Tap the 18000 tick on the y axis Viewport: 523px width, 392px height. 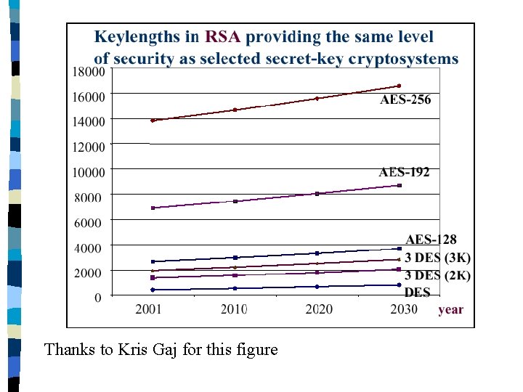[87, 72]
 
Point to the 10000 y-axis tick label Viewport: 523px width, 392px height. [87, 172]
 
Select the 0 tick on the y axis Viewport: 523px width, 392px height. [97, 297]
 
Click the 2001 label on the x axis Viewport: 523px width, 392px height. [148, 310]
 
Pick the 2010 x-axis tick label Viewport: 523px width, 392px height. [234, 310]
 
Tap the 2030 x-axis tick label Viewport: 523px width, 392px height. [403, 310]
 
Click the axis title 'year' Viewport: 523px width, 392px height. [450, 310]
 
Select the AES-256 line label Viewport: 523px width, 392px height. [405, 99]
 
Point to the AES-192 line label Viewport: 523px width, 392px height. [404, 172]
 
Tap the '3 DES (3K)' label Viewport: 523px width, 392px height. [437, 258]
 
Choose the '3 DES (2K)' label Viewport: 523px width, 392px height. [437, 276]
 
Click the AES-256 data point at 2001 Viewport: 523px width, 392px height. [153, 121]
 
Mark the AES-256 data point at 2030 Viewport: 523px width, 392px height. [399, 86]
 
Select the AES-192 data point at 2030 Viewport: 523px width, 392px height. [399, 185]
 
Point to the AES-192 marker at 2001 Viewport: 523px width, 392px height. [153, 208]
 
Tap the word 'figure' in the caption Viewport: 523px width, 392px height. [256, 350]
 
